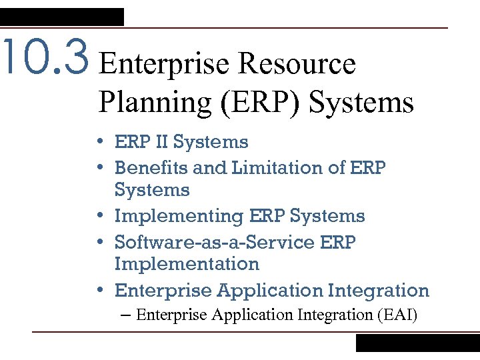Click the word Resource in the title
point(297,64)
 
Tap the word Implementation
point(187,264)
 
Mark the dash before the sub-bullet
point(127,315)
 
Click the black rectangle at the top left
point(62,17)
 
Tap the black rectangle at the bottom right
point(417,343)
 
